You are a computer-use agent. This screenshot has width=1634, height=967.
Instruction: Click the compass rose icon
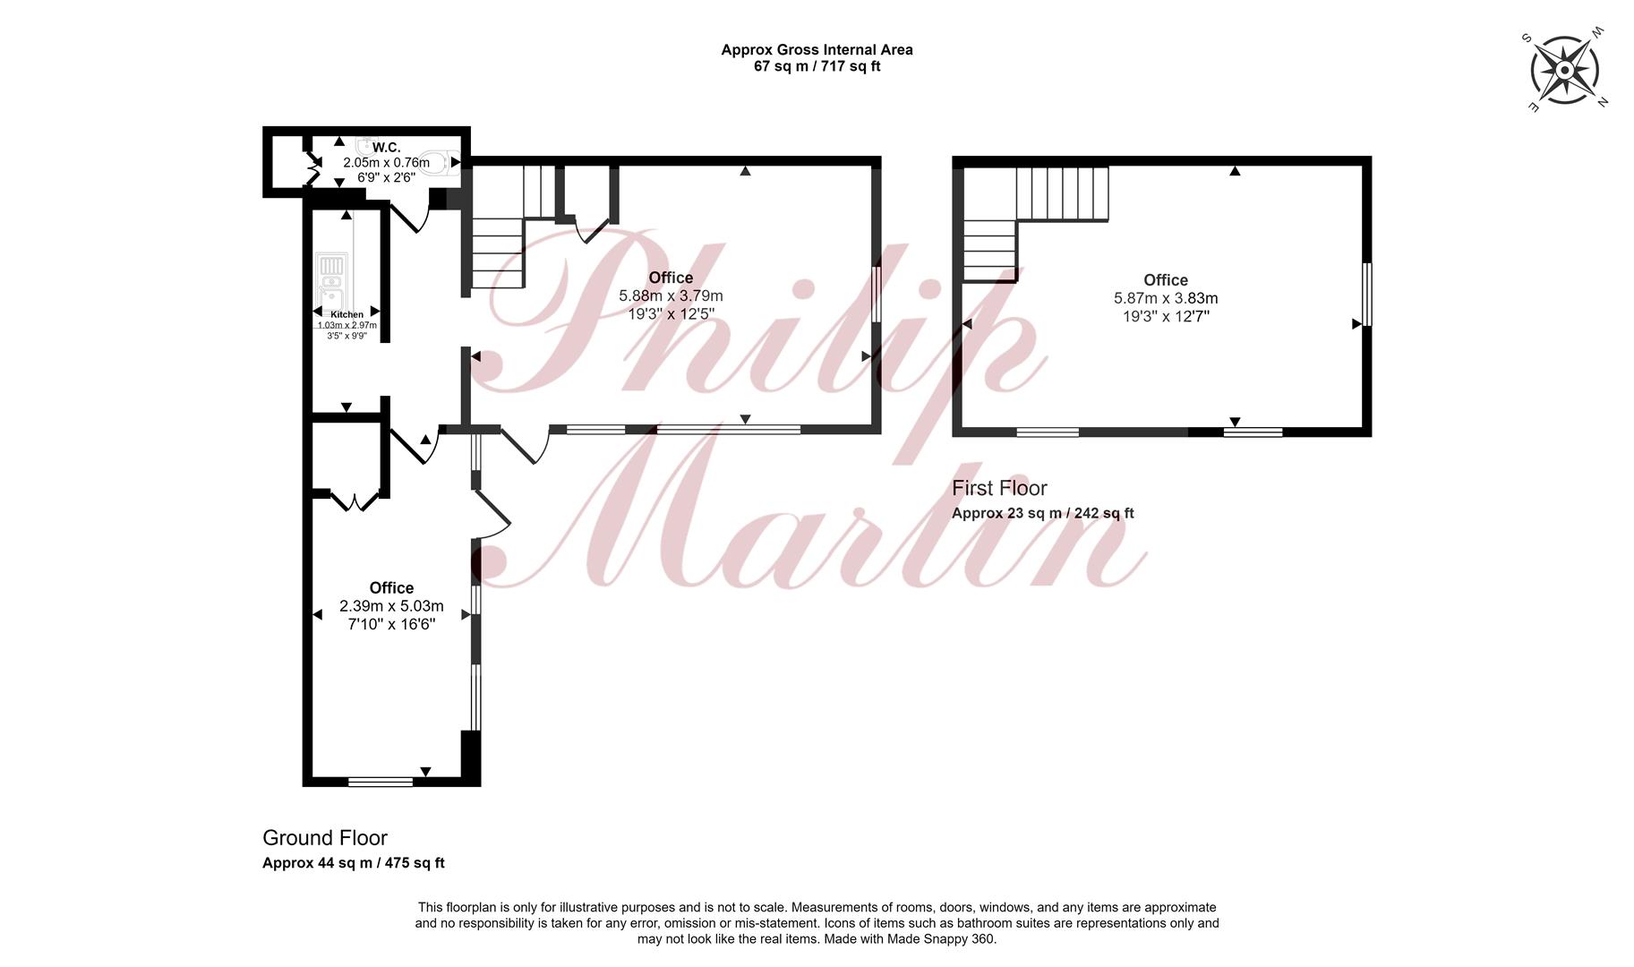(x=1565, y=70)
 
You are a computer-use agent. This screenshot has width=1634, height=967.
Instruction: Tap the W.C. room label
(x=387, y=147)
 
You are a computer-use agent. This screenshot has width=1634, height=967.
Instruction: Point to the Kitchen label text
(x=347, y=314)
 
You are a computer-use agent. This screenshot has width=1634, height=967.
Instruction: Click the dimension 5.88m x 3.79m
(x=671, y=295)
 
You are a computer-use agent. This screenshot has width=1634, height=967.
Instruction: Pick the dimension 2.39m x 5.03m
(x=391, y=606)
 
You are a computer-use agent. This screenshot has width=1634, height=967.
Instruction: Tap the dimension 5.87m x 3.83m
(x=1166, y=298)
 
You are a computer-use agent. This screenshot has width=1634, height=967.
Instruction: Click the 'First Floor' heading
(x=999, y=488)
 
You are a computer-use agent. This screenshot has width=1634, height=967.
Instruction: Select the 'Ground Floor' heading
(x=325, y=838)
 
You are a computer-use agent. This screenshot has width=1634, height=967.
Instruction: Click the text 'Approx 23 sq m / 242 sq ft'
(x=1042, y=513)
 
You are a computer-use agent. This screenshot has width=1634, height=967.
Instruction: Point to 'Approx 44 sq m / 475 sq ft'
(x=354, y=863)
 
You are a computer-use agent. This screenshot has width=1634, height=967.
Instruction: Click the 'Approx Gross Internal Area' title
(x=817, y=50)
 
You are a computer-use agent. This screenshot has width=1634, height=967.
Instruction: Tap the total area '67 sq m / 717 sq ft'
(x=817, y=66)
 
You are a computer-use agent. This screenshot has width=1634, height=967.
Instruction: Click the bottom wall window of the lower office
(x=381, y=782)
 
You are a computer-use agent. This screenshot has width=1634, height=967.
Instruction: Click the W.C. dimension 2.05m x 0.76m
(x=387, y=162)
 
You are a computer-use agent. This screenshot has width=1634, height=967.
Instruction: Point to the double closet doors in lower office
(x=356, y=500)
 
